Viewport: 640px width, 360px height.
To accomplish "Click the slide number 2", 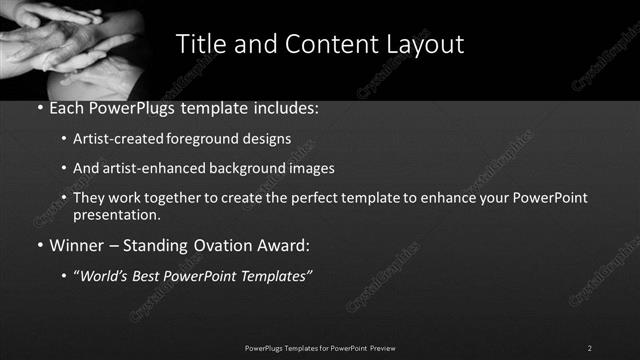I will [x=589, y=348].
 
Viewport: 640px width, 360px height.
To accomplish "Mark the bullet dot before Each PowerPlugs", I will [x=39, y=108].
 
